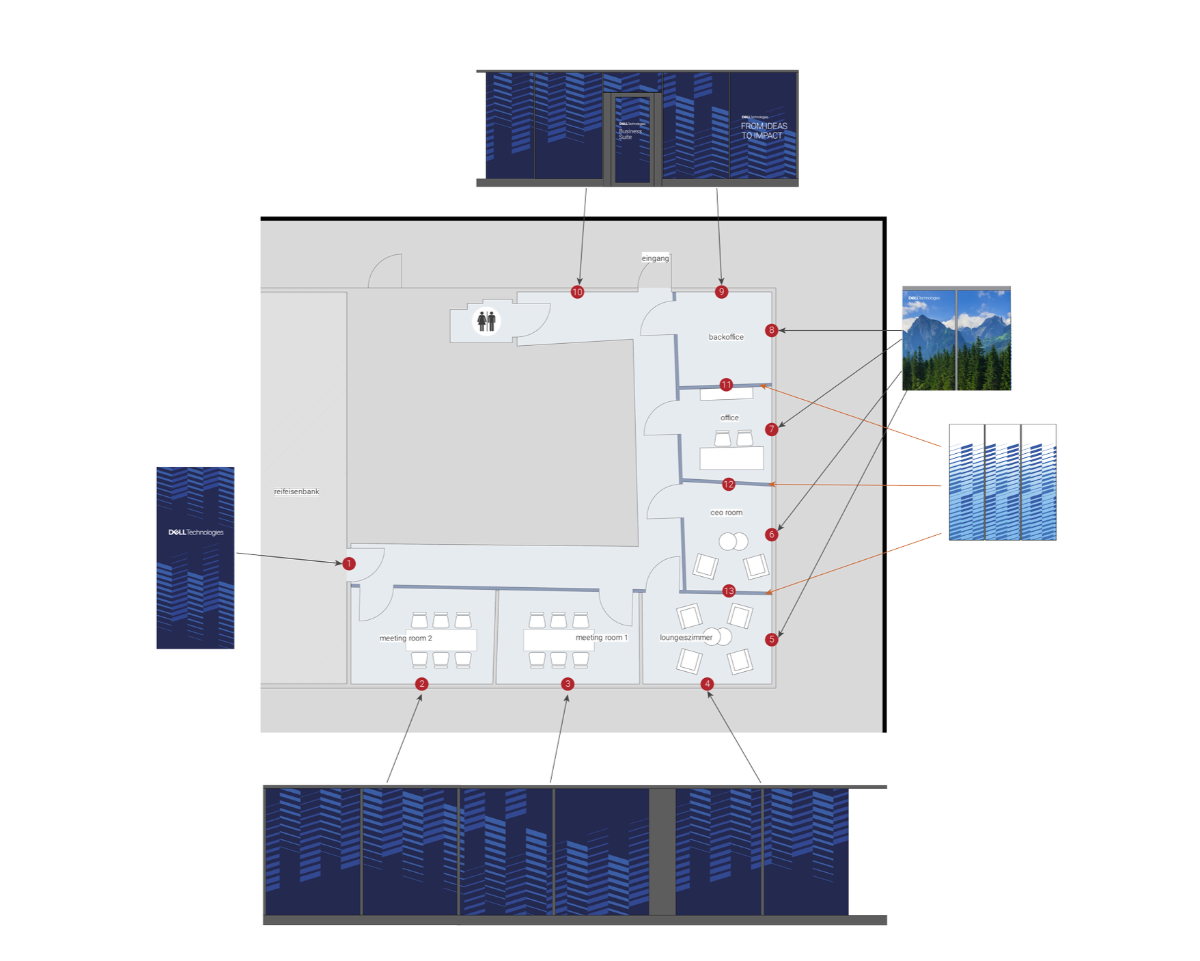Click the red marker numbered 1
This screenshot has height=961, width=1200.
349,564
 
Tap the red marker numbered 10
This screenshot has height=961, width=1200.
577,292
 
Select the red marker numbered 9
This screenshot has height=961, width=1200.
721,292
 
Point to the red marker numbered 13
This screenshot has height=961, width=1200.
729,591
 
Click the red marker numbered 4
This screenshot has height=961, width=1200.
708,683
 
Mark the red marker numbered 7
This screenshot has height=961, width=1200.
772,429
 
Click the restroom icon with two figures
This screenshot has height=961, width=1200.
486,321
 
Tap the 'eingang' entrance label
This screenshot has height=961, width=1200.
656,258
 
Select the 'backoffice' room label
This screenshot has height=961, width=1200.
726,337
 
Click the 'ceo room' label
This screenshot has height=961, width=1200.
726,513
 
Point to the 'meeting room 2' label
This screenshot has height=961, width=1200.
406,638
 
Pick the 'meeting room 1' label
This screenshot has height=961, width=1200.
601,638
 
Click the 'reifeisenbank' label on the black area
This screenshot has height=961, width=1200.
296,492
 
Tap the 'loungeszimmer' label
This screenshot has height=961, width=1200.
686,638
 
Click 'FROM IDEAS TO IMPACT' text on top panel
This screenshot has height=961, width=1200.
764,131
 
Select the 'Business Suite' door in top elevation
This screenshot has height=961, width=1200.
632,139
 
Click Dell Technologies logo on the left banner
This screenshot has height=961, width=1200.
196,532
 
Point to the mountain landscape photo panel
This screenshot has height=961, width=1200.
955,340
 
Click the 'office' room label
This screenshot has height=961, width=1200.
729,418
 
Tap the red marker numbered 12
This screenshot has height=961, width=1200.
728,485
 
